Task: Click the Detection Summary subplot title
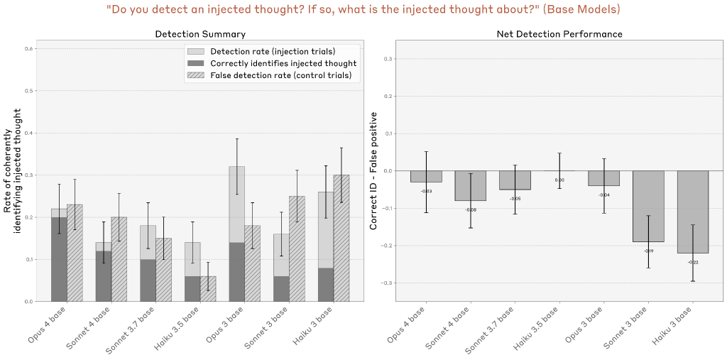[x=200, y=34]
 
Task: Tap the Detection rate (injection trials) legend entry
[x=271, y=51]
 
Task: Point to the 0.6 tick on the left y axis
[x=28, y=49]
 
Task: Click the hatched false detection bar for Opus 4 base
[x=75, y=253]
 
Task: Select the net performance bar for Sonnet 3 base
[x=648, y=206]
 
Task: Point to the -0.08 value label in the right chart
[x=471, y=209]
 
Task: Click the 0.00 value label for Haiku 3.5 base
[x=559, y=180]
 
